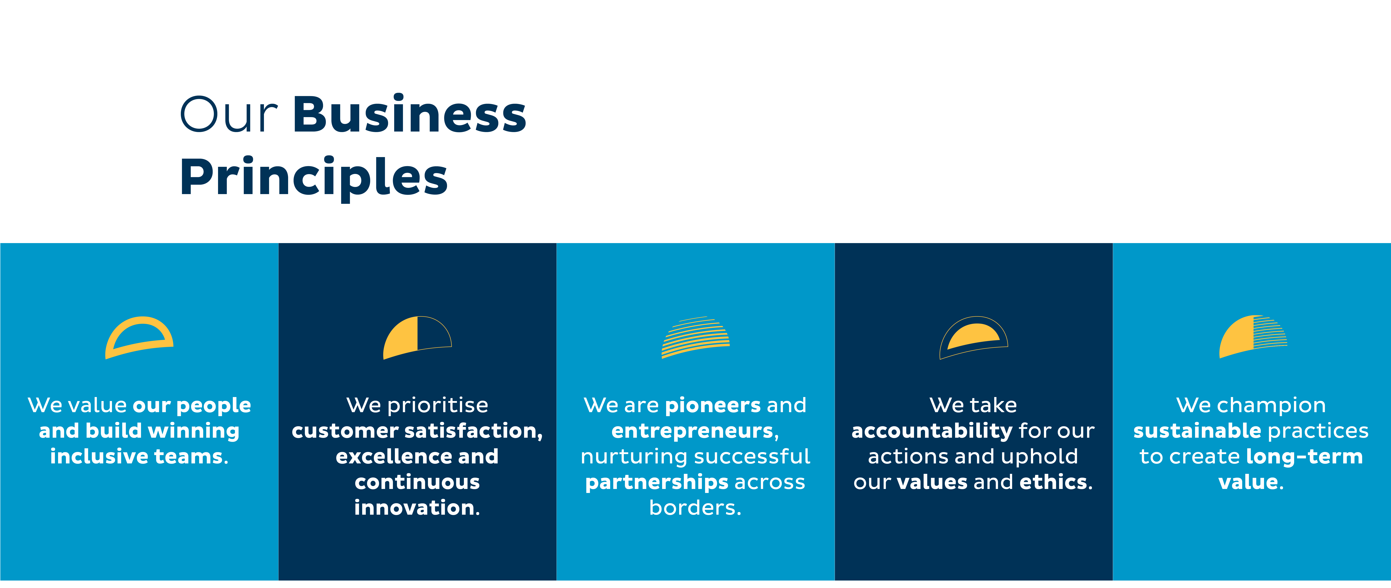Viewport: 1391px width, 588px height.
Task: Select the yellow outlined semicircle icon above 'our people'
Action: [x=139, y=337]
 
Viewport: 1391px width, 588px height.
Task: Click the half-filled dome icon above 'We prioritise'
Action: [x=417, y=337]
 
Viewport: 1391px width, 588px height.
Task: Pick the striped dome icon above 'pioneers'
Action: [x=695, y=337]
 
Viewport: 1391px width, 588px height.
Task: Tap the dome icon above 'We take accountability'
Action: [x=974, y=337]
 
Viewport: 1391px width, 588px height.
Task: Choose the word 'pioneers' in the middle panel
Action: [x=713, y=406]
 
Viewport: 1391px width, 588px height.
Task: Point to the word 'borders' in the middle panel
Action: [x=693, y=508]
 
